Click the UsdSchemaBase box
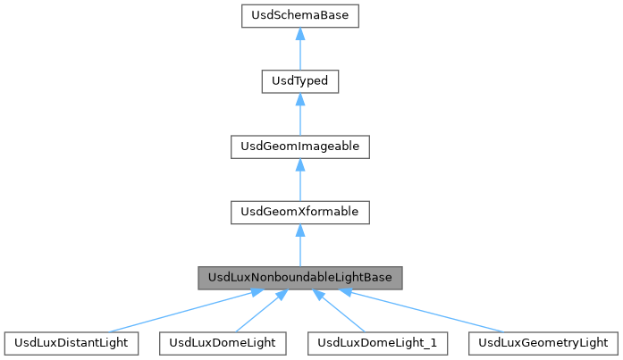point(300,16)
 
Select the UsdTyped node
point(300,81)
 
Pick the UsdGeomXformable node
point(300,212)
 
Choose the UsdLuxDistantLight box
point(72,342)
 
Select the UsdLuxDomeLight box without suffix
point(223,342)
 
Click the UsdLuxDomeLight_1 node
point(377,342)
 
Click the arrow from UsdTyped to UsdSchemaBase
point(300,54)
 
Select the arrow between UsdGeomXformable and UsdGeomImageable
point(300,184)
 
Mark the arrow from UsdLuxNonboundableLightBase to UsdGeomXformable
point(300,249)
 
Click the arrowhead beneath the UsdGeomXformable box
point(300,230)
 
